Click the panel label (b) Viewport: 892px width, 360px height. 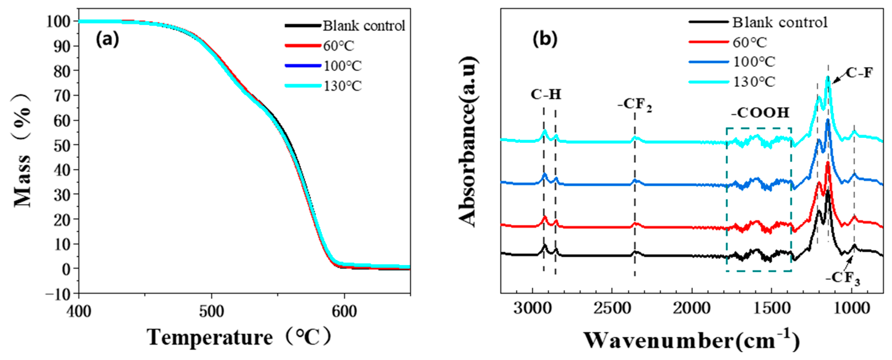click(545, 39)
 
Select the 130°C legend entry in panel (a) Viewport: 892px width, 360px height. click(342, 86)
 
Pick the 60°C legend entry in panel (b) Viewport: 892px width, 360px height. click(750, 42)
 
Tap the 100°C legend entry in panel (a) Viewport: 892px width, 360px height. click(342, 66)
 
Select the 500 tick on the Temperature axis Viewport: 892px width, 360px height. click(211, 311)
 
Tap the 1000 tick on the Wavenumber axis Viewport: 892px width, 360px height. click(851, 308)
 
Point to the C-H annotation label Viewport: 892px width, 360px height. click(546, 94)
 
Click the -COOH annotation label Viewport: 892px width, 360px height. click(760, 113)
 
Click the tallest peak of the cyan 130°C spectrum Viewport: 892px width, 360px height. click(828, 78)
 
